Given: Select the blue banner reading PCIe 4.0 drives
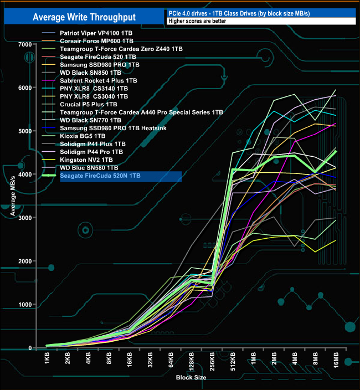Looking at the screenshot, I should point(261,13).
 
